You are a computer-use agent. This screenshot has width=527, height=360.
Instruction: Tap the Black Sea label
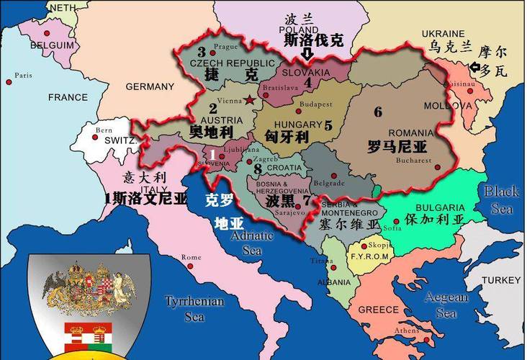(501, 199)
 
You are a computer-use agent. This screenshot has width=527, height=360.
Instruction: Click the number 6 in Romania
(378, 112)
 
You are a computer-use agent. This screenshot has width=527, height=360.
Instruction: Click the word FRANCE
(68, 97)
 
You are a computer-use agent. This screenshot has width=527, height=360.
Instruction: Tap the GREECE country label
(378, 310)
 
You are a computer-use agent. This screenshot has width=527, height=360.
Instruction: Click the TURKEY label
(501, 279)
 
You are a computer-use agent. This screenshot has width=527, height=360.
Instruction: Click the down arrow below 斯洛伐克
(307, 54)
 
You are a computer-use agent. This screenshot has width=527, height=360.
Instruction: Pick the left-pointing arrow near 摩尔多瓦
(475, 68)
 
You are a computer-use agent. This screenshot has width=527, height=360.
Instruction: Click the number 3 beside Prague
(202, 51)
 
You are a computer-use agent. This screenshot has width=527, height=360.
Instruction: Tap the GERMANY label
(150, 86)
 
